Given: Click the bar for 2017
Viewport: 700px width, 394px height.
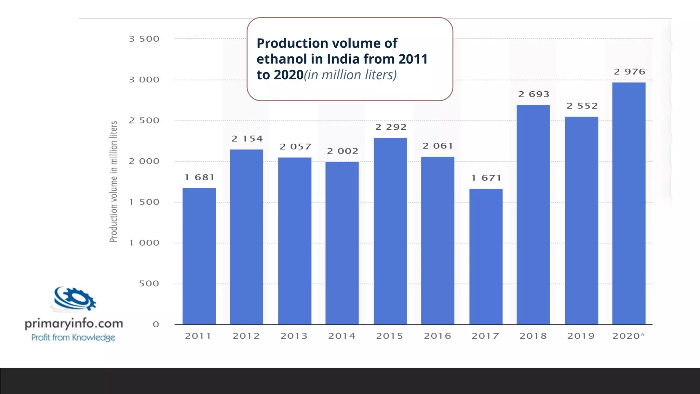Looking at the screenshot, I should pyautogui.click(x=486, y=256).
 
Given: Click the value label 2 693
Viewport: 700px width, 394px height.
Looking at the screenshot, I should pyautogui.click(x=534, y=94).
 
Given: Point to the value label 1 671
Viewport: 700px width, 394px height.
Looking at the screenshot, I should pyautogui.click(x=486, y=178).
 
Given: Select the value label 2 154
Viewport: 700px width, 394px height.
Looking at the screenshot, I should pyautogui.click(x=247, y=139).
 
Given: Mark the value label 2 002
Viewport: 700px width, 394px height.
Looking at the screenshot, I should pyautogui.click(x=342, y=151).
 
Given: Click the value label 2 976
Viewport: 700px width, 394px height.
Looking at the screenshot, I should pyautogui.click(x=629, y=72).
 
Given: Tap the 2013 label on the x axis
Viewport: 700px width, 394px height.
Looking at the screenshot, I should pyautogui.click(x=294, y=336).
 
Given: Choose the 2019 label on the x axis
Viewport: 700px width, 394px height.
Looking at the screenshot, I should pyautogui.click(x=581, y=336).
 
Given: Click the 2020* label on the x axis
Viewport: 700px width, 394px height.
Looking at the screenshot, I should pyautogui.click(x=629, y=336).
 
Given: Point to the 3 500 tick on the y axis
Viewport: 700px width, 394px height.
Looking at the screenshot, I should pyautogui.click(x=144, y=39).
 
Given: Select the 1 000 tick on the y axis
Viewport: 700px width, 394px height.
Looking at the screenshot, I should pyautogui.click(x=144, y=243).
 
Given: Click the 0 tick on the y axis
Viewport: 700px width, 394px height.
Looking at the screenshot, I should pyautogui.click(x=156, y=324).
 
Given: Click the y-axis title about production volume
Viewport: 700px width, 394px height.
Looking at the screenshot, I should pyautogui.click(x=113, y=181).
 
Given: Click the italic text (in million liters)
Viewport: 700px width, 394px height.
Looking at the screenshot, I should pyautogui.click(x=350, y=75).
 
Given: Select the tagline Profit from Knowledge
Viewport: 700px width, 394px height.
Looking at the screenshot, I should pyautogui.click(x=73, y=338).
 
